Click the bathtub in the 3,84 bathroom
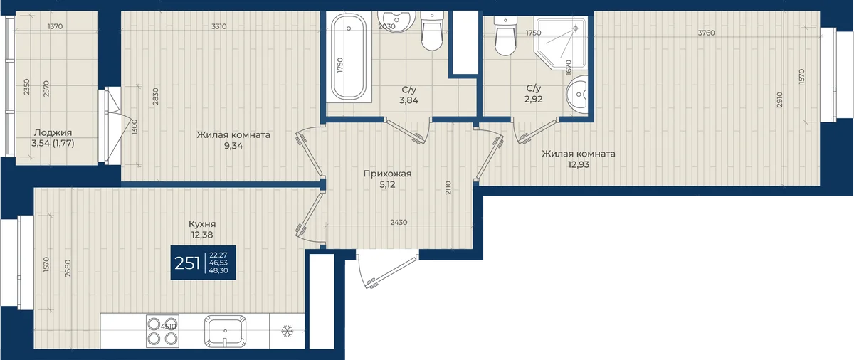click(349, 57)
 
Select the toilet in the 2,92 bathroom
click(505, 36)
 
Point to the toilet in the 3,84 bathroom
click(432, 31)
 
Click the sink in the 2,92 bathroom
click(576, 94)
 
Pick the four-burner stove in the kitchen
click(162, 331)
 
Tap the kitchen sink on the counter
click(225, 331)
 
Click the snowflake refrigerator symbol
click(287, 331)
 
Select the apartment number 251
click(187, 263)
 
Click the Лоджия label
click(53, 132)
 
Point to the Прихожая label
click(387, 174)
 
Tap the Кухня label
click(202, 224)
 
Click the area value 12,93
click(579, 164)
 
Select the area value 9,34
click(233, 146)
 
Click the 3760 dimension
click(706, 33)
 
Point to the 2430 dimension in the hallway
click(399, 222)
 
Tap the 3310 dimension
click(219, 26)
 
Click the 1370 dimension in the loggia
click(56, 26)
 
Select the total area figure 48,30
click(218, 270)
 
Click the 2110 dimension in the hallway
click(448, 188)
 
